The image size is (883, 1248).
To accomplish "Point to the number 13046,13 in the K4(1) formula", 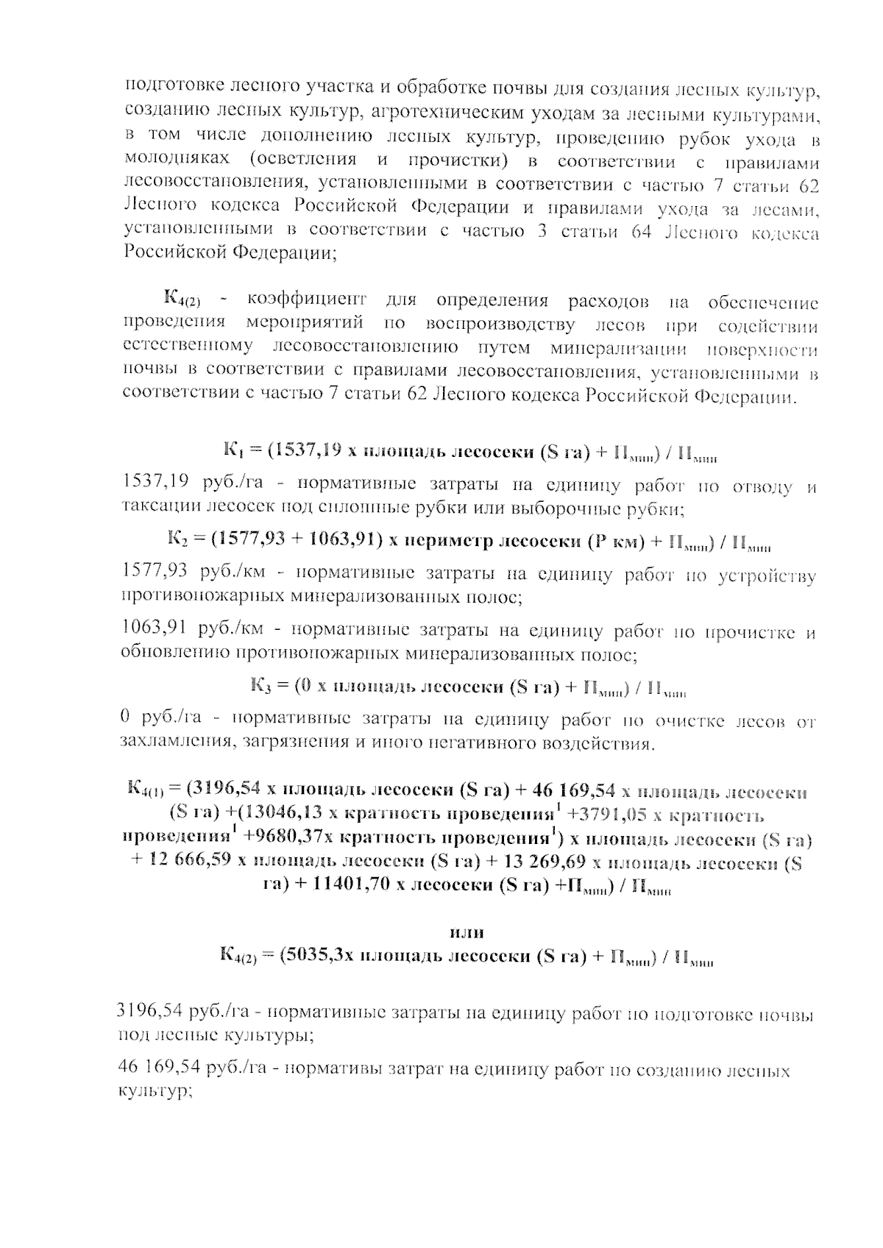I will (275, 816).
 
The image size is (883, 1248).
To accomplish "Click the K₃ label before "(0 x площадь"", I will (262, 687).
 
